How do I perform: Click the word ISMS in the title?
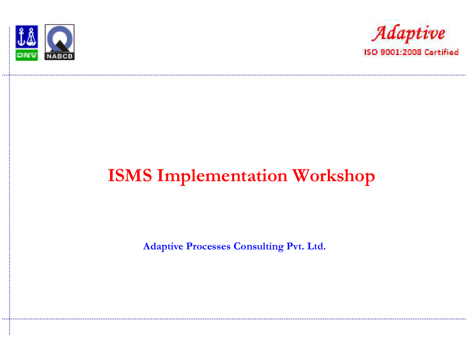(130, 175)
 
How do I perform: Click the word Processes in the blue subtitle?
(208, 246)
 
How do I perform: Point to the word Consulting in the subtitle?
(258, 246)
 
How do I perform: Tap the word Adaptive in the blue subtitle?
(163, 246)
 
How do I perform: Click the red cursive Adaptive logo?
(409, 33)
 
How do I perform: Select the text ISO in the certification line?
(371, 52)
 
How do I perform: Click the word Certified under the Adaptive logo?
(441, 52)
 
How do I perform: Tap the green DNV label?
(27, 55)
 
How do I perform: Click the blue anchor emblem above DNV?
(27, 36)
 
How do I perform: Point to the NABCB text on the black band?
(59, 56)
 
